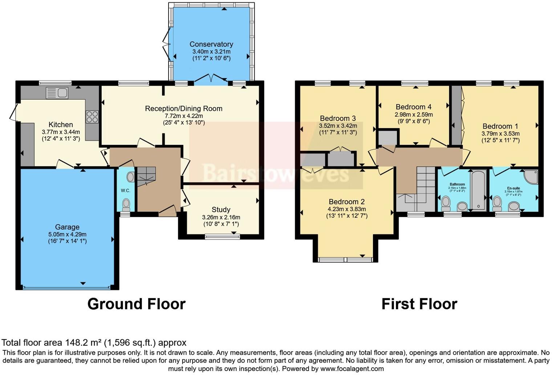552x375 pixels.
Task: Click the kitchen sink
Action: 57,93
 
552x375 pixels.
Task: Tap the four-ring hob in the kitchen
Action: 92,117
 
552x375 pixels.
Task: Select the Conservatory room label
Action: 211,44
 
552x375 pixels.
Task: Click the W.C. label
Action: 125,191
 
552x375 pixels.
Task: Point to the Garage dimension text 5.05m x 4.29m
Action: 67,234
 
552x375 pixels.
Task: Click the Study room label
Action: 221,210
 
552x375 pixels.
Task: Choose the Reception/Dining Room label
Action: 183,108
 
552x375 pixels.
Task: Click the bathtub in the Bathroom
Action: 478,190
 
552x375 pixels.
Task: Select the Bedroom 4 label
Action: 413,107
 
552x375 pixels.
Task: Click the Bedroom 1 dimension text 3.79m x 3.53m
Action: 500,133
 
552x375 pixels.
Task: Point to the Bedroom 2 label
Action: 346,202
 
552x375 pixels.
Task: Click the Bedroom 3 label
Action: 338,118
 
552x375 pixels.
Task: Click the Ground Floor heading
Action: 136,304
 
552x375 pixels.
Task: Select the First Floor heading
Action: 419,304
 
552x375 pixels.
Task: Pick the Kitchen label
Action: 61,125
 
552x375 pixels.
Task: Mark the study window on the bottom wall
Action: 222,237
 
